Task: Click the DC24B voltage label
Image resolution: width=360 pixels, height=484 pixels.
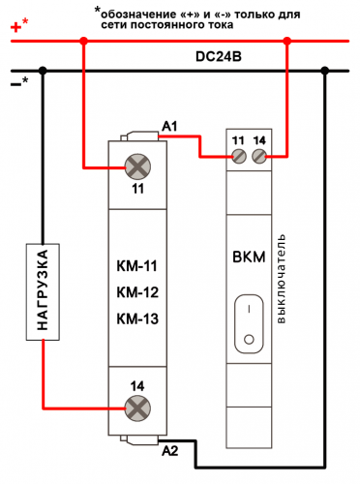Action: tap(219, 56)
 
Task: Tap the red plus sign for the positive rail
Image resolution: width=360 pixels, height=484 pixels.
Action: tap(15, 27)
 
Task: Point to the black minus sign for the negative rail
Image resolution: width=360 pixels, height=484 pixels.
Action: tap(15, 84)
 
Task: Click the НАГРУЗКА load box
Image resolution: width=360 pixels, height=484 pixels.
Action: tap(43, 291)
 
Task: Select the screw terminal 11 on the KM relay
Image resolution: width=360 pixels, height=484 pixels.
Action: tap(137, 166)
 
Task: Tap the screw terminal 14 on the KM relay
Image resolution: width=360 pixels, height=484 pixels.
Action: tap(137, 408)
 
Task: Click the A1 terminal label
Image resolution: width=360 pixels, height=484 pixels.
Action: tap(169, 127)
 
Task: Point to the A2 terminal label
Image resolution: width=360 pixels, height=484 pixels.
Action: tap(170, 451)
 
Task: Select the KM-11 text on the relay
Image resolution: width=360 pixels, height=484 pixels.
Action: tap(136, 266)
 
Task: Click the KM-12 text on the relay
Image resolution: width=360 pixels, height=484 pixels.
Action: tap(137, 292)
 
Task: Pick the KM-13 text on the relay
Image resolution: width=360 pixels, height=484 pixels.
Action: tap(137, 318)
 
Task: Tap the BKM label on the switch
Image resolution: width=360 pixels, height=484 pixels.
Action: tap(249, 257)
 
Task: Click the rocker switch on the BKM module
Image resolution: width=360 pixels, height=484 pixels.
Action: tap(249, 324)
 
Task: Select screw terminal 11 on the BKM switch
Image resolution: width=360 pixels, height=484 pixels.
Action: tap(239, 157)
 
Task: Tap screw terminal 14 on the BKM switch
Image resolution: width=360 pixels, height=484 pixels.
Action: tap(259, 157)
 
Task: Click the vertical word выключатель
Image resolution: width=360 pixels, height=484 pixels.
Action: tap(281, 279)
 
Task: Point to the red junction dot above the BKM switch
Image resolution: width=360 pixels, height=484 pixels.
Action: tap(286, 41)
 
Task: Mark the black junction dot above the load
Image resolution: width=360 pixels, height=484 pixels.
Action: tap(43, 71)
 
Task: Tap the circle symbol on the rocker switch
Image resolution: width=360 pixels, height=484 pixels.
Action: tap(249, 340)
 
